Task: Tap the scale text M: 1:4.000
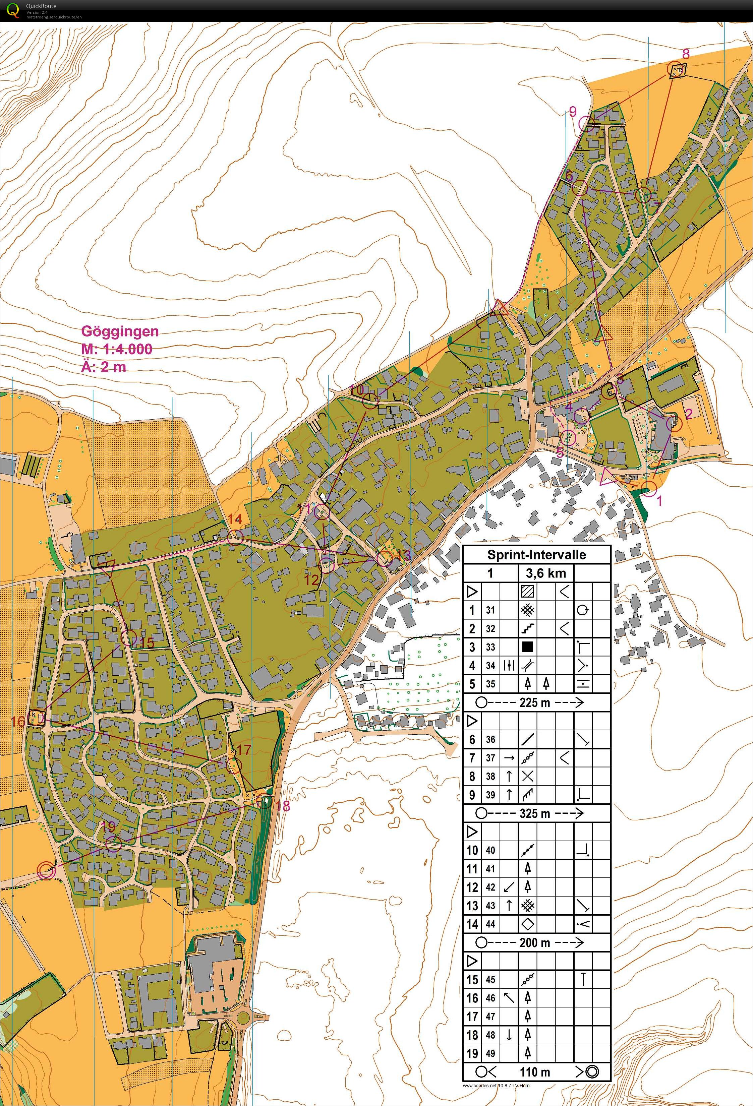(x=117, y=349)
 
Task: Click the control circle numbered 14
(x=235, y=538)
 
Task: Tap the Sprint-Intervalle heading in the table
(x=536, y=555)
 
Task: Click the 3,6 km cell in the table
(x=546, y=573)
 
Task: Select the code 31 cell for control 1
(x=490, y=610)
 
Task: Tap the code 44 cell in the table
(x=490, y=924)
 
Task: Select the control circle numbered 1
(x=648, y=488)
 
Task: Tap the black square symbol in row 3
(x=527, y=647)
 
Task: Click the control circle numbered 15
(x=128, y=638)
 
